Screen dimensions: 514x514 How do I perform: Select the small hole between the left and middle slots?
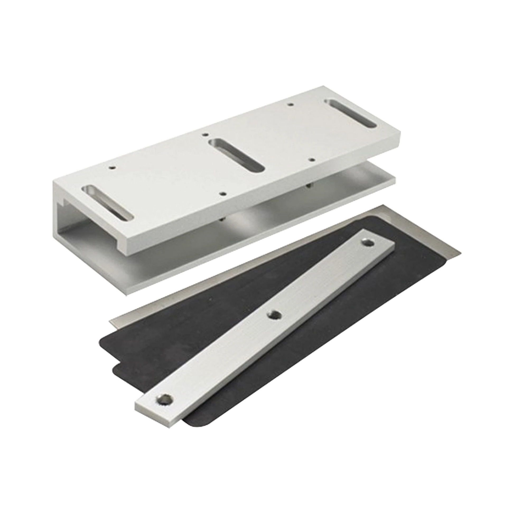click(223, 194)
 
